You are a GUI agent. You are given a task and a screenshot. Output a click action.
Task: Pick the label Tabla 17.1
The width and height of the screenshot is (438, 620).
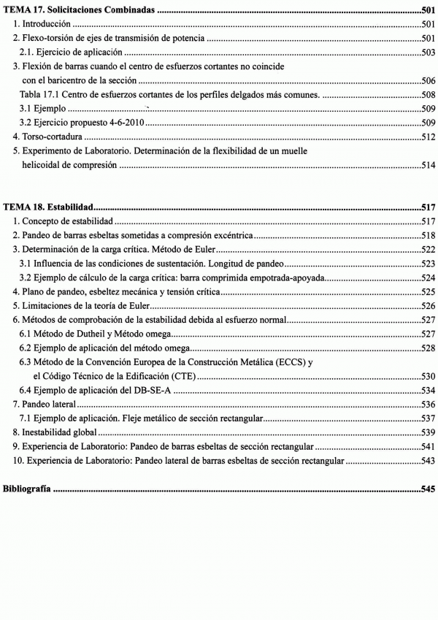click(x=39, y=95)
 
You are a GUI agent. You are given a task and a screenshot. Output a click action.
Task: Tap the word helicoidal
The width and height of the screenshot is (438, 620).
click(x=43, y=166)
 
